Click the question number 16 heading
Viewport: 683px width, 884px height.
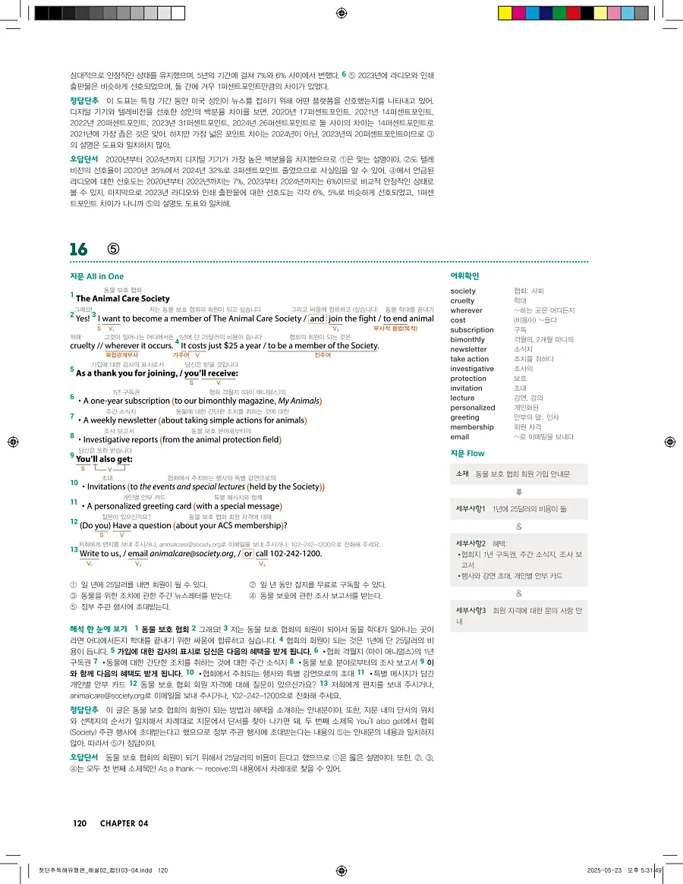(79, 250)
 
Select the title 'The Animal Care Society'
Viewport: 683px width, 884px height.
(123, 299)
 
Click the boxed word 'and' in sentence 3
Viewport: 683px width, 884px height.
(317, 319)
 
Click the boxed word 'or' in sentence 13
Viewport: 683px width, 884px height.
(248, 554)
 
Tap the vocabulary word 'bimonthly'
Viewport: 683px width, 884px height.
(467, 339)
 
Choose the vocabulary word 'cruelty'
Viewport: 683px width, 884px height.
(462, 300)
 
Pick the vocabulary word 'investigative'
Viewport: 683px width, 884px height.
(472, 369)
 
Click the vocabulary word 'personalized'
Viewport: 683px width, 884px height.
(472, 407)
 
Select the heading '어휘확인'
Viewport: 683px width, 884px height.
(464, 276)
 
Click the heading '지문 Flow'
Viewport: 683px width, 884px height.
(467, 453)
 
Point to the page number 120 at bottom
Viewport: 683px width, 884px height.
(80, 823)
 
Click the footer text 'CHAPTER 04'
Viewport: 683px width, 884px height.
(122, 823)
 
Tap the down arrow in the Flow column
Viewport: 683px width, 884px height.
(519, 491)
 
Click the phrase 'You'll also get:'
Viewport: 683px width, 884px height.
(105, 460)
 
